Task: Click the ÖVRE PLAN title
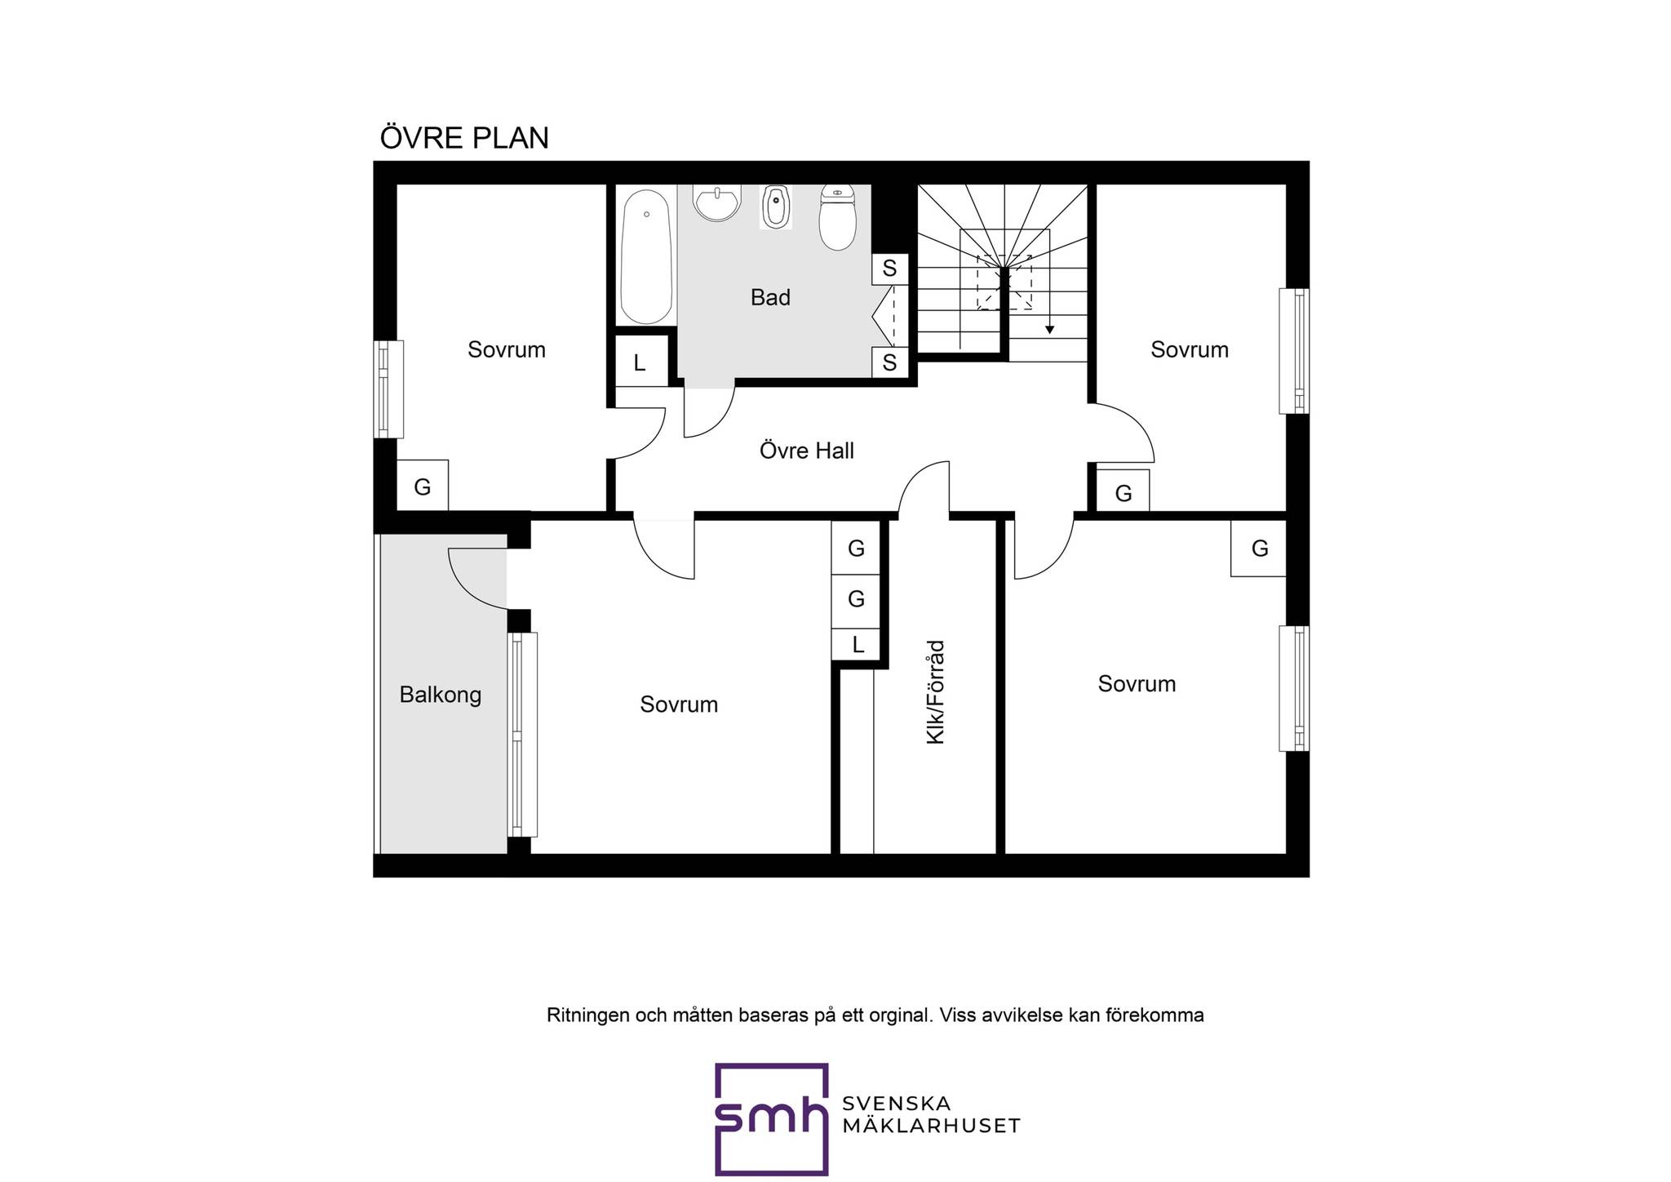[x=464, y=137]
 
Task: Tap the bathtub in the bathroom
[x=646, y=257]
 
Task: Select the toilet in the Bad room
[x=836, y=217]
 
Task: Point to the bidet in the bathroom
[x=776, y=207]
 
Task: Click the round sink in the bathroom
[x=717, y=202]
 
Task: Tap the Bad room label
[x=770, y=298]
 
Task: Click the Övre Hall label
[x=806, y=451]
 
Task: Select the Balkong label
[x=441, y=695]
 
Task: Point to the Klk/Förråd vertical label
[x=935, y=692]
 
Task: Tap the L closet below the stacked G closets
[x=857, y=645]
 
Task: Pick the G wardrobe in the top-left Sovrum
[x=423, y=486]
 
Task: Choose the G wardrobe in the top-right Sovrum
[x=1124, y=491]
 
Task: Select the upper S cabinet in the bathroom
[x=890, y=269]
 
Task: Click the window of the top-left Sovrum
[x=388, y=389]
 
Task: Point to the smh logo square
[x=771, y=1118]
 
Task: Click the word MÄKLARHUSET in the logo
[x=931, y=1126]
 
